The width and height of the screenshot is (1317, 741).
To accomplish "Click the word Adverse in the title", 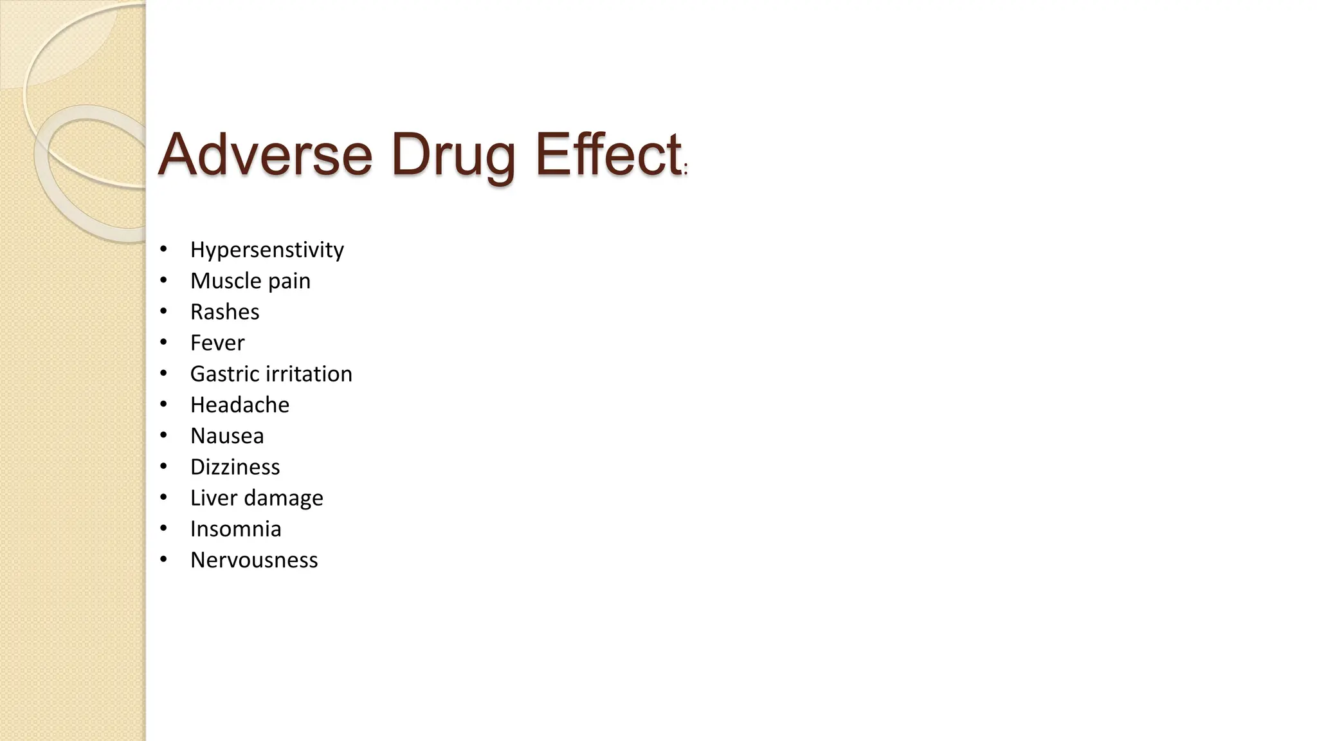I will point(265,154).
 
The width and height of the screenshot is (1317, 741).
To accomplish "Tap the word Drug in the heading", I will point(453,156).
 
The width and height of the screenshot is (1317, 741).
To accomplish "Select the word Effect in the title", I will point(608,154).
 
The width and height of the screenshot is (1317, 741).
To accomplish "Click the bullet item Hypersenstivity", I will point(267,250).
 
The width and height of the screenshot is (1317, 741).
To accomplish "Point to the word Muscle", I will point(226,280).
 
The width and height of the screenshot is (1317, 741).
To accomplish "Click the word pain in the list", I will point(289,282).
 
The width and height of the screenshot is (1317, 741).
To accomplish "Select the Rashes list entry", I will point(224,312).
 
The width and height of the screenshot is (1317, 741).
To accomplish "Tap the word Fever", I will point(217,343).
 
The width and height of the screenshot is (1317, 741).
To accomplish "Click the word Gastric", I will point(225,374).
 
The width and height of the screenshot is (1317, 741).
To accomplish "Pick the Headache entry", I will point(240,405).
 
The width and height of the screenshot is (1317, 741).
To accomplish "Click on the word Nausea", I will point(227,436).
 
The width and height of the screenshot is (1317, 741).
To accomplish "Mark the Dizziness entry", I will point(235,467).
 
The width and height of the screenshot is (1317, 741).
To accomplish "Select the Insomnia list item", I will point(235,529).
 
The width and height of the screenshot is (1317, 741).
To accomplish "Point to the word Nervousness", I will point(254,560).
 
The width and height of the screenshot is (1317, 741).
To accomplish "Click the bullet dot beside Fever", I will point(164,342).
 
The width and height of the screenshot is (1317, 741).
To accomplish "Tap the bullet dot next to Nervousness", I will point(164,560).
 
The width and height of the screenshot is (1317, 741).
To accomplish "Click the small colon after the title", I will point(686,170).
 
